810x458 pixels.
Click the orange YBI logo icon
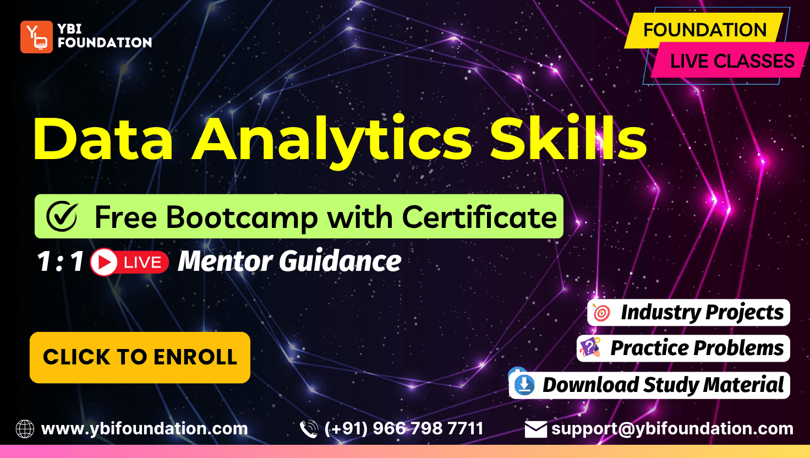[x=36, y=37]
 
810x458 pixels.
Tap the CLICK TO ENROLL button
[x=140, y=357]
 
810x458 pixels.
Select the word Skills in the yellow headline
[x=568, y=138]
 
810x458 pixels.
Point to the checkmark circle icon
[x=62, y=216]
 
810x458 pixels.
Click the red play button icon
[x=104, y=262]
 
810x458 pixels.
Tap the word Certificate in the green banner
[x=479, y=217]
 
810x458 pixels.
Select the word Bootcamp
[x=242, y=218]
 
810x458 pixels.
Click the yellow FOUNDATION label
[x=704, y=30]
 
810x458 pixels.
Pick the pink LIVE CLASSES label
[x=732, y=61]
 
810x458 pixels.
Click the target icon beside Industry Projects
[x=601, y=313]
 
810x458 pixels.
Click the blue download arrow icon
[x=524, y=385]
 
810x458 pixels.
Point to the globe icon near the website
[x=25, y=429]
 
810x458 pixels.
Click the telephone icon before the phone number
[x=309, y=429]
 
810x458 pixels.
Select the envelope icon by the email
[x=535, y=429]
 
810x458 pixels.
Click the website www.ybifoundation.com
[x=145, y=429]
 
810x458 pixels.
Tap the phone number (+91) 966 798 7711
[x=404, y=429]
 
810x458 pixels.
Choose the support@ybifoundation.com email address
[x=672, y=429]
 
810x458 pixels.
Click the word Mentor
[x=225, y=261]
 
